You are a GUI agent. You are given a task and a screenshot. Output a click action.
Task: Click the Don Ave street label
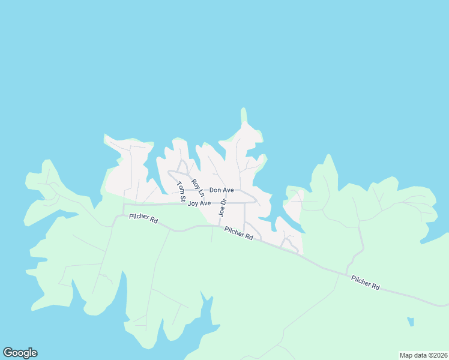click(221, 190)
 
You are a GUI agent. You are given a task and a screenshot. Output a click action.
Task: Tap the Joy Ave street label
click(199, 203)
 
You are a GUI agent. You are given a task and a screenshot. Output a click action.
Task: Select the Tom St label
click(181, 191)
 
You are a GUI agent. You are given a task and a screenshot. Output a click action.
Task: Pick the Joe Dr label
click(222, 208)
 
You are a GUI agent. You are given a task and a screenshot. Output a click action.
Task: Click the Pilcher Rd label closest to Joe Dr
click(238, 233)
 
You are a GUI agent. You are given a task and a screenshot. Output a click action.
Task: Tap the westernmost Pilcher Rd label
click(143, 219)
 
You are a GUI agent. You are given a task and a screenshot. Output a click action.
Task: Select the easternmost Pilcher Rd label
click(366, 283)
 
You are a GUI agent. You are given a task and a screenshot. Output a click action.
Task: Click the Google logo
click(20, 353)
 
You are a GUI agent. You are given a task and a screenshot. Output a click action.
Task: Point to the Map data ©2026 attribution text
click(423, 355)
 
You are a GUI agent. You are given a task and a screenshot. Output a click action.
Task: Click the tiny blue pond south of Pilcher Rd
click(410, 322)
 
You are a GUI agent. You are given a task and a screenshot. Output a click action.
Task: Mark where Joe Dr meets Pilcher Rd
click(219, 226)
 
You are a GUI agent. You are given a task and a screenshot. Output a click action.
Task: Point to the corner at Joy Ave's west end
click(124, 205)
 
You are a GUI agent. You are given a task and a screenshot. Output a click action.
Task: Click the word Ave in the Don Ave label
click(228, 190)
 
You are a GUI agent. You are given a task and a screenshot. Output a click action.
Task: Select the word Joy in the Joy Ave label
click(193, 203)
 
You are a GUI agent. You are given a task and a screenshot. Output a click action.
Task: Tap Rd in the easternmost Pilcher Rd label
click(376, 287)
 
